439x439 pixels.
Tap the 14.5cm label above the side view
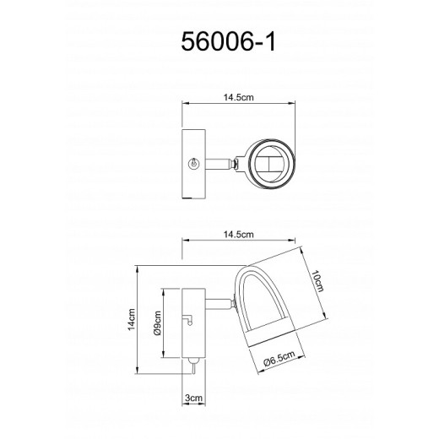(236, 233)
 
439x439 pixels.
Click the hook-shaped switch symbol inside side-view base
(190, 322)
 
